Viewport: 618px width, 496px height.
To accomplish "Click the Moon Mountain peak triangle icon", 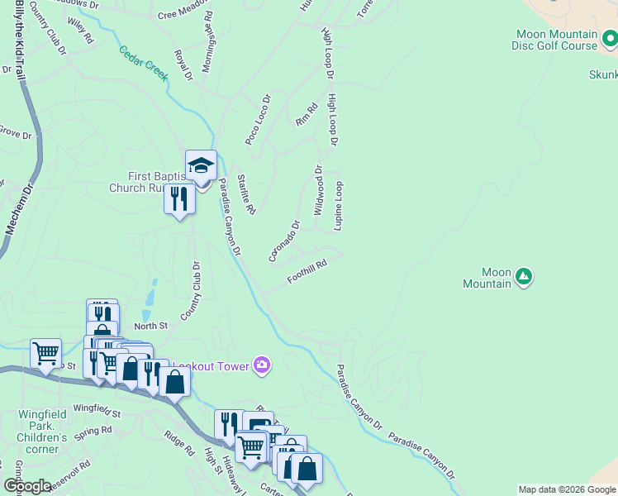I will (523, 275).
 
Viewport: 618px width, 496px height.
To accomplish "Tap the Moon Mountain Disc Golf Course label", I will (556, 40).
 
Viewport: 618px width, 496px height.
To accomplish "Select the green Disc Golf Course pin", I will (610, 38).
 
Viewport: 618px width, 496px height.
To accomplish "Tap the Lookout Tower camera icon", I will (262, 365).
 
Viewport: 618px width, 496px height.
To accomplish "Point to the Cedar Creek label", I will (144, 63).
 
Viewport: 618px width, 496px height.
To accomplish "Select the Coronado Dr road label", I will (283, 241).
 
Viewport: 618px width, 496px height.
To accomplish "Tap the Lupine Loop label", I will (338, 206).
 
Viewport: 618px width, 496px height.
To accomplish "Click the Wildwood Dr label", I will (319, 190).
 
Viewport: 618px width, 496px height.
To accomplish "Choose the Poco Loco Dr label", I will (258, 121).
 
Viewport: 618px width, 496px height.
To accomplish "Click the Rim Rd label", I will (307, 114).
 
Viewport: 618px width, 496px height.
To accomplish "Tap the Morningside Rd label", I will (207, 41).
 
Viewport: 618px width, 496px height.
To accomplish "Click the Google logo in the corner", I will (27, 486).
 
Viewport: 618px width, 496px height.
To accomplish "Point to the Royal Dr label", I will (183, 65).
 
